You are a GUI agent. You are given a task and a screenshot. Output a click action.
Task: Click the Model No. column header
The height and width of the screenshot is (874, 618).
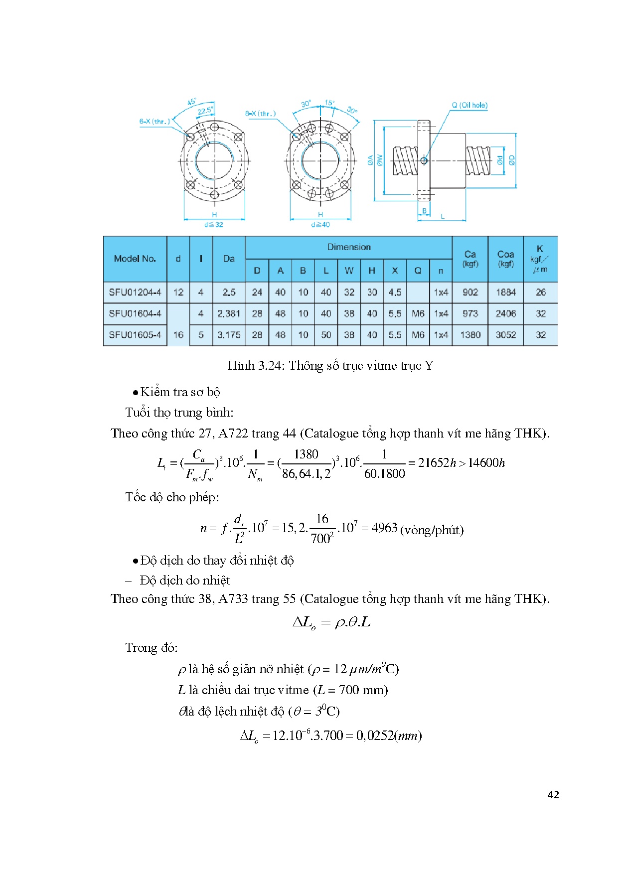pyautogui.click(x=135, y=259)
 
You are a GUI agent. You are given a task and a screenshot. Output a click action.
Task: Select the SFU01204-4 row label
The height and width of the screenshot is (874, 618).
pyautogui.click(x=135, y=292)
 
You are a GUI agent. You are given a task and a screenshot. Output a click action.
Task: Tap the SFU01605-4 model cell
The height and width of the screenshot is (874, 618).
pyautogui.click(x=135, y=335)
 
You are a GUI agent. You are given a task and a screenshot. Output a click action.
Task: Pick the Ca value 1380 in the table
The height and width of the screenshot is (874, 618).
pyautogui.click(x=470, y=335)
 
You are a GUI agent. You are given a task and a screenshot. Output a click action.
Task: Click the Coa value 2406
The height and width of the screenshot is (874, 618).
pyautogui.click(x=505, y=313)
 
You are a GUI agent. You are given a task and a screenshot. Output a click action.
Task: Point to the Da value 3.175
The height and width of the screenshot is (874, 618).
pyautogui.click(x=229, y=335)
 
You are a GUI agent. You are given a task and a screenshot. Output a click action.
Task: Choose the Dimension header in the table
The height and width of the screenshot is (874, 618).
pyautogui.click(x=349, y=247)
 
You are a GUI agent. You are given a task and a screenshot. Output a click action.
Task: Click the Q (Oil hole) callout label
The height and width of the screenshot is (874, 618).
pyautogui.click(x=469, y=105)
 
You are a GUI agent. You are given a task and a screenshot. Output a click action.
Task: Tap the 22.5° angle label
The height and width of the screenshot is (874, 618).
pyautogui.click(x=205, y=111)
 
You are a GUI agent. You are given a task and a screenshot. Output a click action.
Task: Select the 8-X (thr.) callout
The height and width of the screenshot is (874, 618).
pyautogui.click(x=260, y=114)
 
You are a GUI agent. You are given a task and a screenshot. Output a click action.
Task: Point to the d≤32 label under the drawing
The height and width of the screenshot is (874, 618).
pyautogui.click(x=214, y=225)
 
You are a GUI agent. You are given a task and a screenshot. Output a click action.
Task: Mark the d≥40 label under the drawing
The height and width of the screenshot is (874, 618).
pyautogui.click(x=320, y=225)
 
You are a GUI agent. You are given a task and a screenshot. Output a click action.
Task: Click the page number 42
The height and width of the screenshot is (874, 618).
pyautogui.click(x=553, y=795)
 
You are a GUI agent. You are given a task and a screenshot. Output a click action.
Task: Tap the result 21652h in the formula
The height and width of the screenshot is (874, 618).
pyautogui.click(x=437, y=463)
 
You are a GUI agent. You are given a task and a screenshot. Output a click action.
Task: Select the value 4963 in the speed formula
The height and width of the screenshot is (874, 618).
pyautogui.click(x=384, y=528)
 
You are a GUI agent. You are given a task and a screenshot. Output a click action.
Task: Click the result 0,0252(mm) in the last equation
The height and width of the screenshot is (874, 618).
pyautogui.click(x=389, y=735)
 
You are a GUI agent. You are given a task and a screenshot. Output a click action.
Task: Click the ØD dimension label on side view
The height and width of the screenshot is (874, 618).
pyautogui.click(x=512, y=160)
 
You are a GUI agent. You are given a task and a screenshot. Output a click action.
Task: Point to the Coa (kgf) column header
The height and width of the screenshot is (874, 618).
pyautogui.click(x=505, y=258)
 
